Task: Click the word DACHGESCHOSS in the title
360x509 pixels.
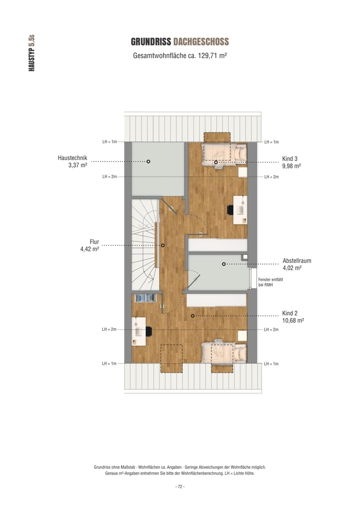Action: point(201,42)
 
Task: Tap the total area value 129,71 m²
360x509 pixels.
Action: point(212,55)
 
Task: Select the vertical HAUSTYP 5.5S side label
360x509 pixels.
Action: point(32,53)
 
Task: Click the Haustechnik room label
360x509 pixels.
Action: point(72,158)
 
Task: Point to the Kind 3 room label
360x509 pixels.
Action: point(290,159)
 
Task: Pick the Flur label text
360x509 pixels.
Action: point(94,242)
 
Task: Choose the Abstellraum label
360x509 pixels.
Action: point(297,261)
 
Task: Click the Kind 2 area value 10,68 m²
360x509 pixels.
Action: point(293,321)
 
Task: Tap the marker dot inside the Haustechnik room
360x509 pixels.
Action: point(148,161)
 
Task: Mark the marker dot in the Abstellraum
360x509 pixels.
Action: point(224,264)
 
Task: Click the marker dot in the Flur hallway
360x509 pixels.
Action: point(162,245)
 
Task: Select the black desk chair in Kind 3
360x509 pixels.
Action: point(230,210)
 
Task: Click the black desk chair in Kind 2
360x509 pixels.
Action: point(149,331)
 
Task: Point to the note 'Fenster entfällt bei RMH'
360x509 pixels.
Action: point(270,282)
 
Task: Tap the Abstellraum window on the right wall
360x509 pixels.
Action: point(253,278)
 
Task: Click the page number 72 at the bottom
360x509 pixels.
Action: point(180,487)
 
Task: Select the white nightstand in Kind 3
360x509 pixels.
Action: point(242,173)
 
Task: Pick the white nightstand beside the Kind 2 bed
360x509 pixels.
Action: point(242,336)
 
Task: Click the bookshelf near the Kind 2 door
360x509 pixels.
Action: point(145,298)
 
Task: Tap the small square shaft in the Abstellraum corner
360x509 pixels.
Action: point(245,257)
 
